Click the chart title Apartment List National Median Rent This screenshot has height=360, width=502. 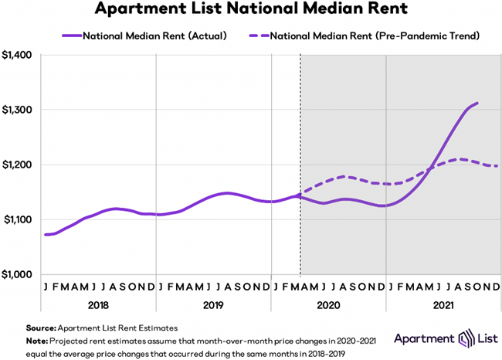[252, 11]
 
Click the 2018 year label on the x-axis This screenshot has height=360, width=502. [98, 304]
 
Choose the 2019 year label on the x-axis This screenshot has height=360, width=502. [214, 304]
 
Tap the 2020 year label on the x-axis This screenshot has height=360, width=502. [329, 304]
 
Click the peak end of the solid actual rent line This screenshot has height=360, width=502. [478, 103]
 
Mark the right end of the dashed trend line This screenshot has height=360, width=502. [497, 166]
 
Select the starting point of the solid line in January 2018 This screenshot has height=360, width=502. [46, 234]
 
